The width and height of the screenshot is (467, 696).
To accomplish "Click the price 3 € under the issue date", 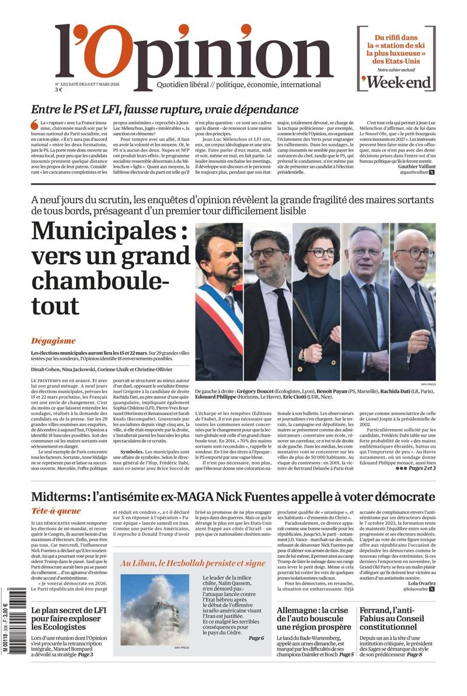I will [58, 90].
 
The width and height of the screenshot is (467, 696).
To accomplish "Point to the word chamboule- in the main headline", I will [100, 282].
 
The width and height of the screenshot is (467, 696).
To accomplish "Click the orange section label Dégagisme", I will [53, 341].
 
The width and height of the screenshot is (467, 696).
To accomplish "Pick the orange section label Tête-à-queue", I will [56, 511].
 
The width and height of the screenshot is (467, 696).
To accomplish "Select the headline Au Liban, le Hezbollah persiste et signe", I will [193, 563].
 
